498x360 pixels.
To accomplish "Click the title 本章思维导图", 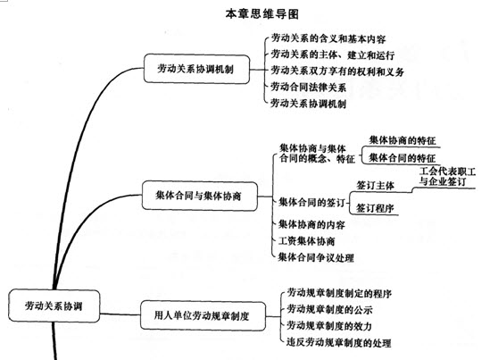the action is tap(262, 14).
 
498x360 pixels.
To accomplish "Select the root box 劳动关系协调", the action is tap(54, 306).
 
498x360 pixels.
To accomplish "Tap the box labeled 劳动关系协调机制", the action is tap(196, 69).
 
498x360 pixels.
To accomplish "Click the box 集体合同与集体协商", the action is tap(199, 196).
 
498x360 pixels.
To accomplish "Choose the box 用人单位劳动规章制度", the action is tap(203, 315).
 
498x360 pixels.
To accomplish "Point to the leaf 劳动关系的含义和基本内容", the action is tap(328, 38).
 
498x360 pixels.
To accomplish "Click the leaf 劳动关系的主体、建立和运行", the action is tap(333, 54).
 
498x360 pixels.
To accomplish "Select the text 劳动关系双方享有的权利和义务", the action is tap(337, 71).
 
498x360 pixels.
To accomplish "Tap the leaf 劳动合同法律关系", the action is tap(308, 87).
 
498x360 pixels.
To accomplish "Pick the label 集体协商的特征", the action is tap(403, 140).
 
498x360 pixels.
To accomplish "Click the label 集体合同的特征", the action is tap(403, 158).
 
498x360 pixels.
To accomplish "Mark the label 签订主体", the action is tap(376, 186).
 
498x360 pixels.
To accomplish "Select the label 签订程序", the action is tap(375, 208).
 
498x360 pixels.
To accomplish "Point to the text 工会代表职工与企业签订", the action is tap(447, 177).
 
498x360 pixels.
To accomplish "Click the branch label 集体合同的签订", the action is tap(311, 202).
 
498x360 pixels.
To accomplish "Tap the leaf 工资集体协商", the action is tap(306, 240).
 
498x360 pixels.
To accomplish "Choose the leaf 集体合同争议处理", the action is tap(316, 257).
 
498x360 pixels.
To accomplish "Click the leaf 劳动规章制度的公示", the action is tap(329, 309).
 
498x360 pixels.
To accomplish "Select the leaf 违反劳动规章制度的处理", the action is tap(338, 342).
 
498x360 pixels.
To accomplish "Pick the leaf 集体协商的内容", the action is tap(311, 224).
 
